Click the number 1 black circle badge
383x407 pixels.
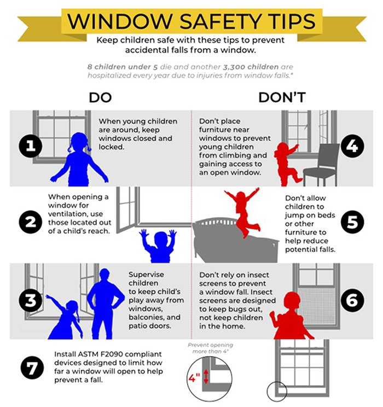coord(31,146)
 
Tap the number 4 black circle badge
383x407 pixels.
coord(352,146)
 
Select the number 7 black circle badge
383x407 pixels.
coord(32,368)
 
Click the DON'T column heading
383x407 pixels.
coord(282,97)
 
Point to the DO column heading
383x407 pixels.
coord(100,97)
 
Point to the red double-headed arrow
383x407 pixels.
coord(206,376)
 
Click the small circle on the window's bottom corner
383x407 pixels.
coord(277,391)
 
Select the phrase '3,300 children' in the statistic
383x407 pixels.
coord(251,67)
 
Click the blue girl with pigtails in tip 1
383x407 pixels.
coord(79,159)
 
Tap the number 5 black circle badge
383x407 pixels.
coord(352,222)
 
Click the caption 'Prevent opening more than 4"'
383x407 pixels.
coord(210,348)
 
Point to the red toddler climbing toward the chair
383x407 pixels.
coord(287,164)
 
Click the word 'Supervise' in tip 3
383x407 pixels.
coord(146,275)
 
